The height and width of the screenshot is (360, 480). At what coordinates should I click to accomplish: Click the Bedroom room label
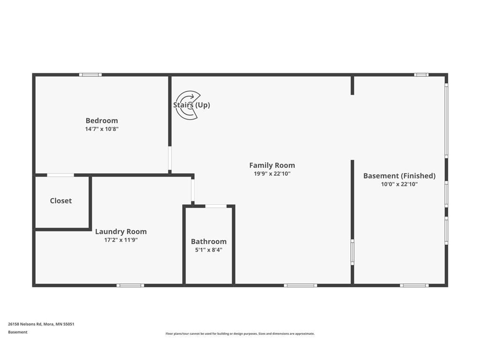[102, 120]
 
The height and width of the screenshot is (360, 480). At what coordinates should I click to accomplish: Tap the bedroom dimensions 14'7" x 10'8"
[102, 129]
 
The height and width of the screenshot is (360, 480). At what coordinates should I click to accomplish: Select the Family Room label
[272, 165]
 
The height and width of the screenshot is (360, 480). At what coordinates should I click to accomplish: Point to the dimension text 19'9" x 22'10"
[272, 173]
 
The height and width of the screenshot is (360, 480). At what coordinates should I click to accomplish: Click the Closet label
[61, 201]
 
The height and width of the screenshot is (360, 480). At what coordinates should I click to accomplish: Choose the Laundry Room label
[121, 232]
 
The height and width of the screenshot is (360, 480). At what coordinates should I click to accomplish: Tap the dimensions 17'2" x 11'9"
[121, 240]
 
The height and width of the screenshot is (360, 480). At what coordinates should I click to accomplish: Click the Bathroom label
[209, 241]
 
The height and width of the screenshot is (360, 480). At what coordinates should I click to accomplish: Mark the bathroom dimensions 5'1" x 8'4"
[209, 250]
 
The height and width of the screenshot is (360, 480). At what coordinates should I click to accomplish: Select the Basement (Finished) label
[399, 176]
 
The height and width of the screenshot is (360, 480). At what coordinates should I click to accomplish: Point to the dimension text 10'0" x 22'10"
[399, 184]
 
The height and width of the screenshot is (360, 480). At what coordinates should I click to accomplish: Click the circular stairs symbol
[187, 105]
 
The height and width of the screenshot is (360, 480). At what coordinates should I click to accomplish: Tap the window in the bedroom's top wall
[90, 75]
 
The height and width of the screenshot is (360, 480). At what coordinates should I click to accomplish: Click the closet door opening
[60, 175]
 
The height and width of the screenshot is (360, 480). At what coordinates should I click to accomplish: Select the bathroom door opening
[216, 206]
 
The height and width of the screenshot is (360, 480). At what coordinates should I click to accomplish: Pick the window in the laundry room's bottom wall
[130, 285]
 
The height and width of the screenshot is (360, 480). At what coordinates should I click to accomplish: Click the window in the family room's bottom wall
[300, 285]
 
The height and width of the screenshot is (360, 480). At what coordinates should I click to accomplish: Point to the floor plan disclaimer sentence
[240, 334]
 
